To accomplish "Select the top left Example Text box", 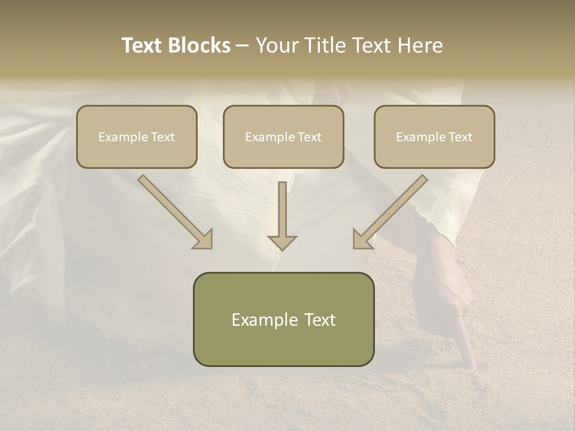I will [x=137, y=136].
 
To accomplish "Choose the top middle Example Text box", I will [x=283, y=136].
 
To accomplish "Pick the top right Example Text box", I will [x=434, y=136].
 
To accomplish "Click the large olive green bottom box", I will [x=283, y=319].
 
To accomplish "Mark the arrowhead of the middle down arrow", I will [x=282, y=242].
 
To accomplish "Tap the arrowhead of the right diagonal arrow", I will [x=361, y=239].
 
